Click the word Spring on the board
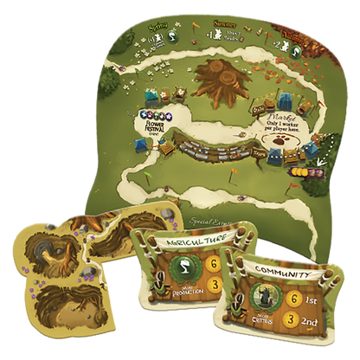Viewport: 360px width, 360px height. coord(157,26)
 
